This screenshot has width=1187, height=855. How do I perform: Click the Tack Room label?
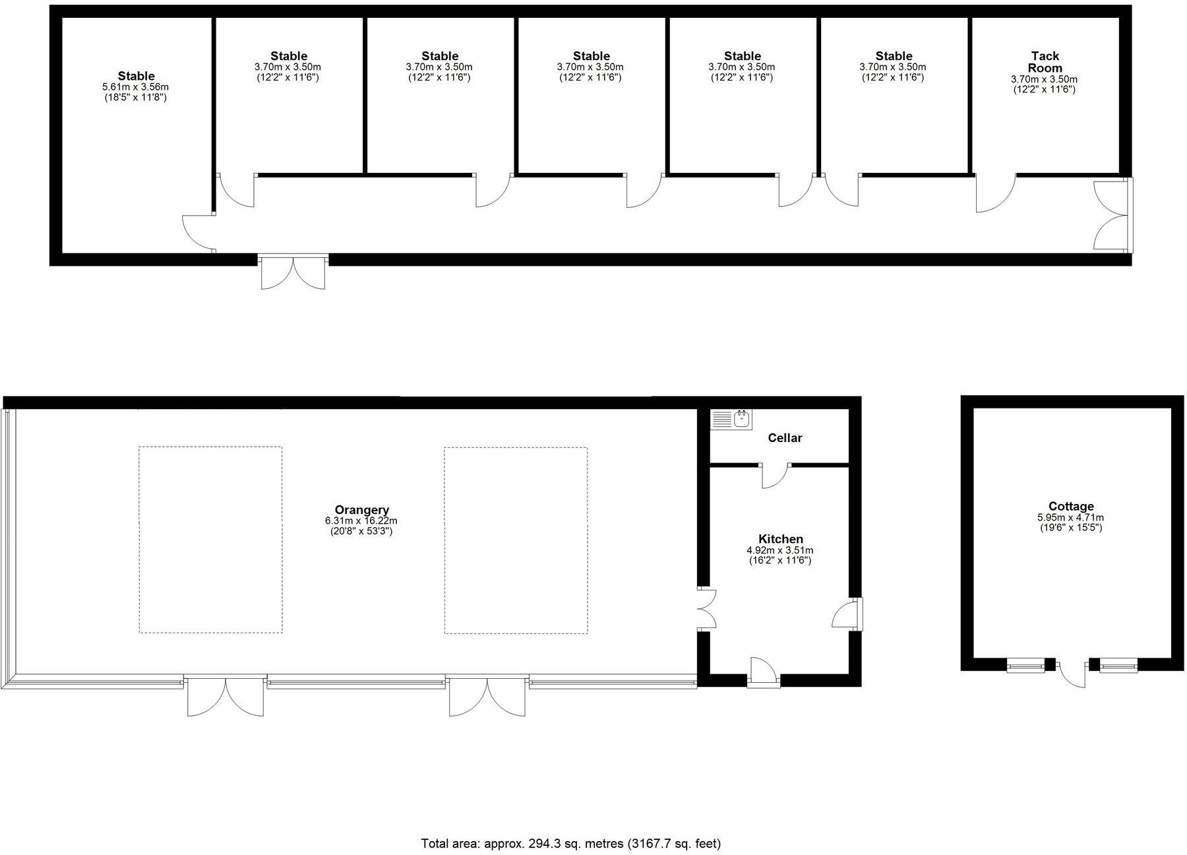[1045, 62]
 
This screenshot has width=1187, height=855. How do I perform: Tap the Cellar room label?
[785, 438]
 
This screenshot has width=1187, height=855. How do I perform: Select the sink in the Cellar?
[731, 420]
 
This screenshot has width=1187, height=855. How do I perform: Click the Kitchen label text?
[780, 539]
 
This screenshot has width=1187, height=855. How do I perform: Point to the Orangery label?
[361, 509]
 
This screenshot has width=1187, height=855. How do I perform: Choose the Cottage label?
[1071, 506]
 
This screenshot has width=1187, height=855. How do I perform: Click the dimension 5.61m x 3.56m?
[137, 87]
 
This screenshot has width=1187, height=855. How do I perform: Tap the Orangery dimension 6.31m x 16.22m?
[361, 521]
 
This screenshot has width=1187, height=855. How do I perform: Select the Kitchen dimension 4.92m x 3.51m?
[780, 550]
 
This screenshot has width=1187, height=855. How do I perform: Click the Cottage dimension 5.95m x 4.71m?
[1071, 518]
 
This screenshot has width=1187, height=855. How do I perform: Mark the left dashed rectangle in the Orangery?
[210, 540]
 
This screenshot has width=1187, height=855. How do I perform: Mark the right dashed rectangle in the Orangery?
[516, 540]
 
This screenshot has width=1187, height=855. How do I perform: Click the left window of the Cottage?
[1025, 666]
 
